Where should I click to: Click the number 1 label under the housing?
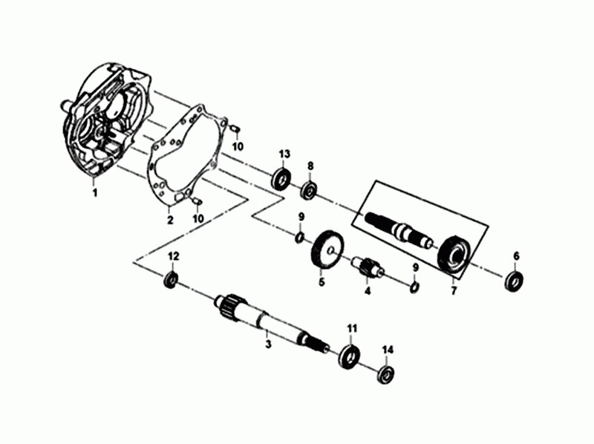[x=94, y=193]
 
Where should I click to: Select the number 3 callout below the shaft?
[x=269, y=343]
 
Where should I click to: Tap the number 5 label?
[x=322, y=282]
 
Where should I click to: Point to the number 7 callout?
[x=453, y=292]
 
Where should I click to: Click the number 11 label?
[x=352, y=327]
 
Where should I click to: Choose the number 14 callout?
[x=387, y=349]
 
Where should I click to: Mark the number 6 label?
[x=516, y=257]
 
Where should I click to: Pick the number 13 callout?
[x=284, y=154]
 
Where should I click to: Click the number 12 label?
[x=173, y=256]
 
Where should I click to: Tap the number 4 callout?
[x=367, y=291]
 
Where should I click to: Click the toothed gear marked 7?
[x=454, y=255]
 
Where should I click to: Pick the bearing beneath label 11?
[x=349, y=355]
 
